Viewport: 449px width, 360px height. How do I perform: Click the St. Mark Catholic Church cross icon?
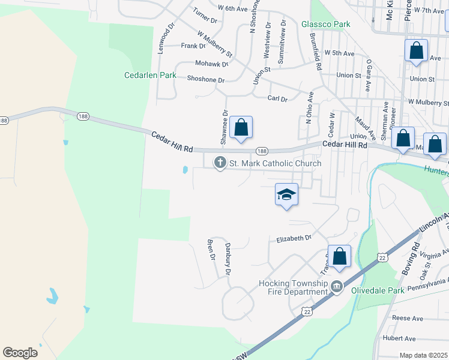[x=220, y=163]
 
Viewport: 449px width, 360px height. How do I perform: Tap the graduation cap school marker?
[x=286, y=194]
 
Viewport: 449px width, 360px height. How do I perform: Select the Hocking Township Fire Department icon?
[x=337, y=287]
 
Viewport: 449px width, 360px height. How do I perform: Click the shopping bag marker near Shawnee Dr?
[x=241, y=127]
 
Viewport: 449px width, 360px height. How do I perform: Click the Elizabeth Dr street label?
[x=294, y=238]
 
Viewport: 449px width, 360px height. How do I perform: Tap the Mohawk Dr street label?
[x=211, y=64]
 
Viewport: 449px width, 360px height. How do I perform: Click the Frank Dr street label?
[x=193, y=46]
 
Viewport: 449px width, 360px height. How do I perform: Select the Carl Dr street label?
[x=277, y=98]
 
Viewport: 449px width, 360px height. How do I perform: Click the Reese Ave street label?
[x=407, y=318]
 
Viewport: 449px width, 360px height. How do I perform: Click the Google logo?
[x=20, y=353]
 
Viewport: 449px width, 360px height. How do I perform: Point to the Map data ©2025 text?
[x=423, y=355]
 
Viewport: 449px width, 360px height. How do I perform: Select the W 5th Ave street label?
[x=339, y=53]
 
